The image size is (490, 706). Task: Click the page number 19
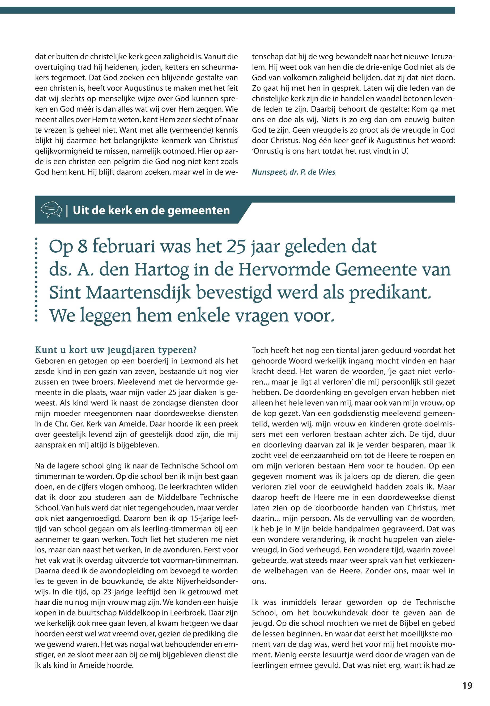pos(468,686)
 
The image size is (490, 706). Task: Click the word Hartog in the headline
pos(161,269)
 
